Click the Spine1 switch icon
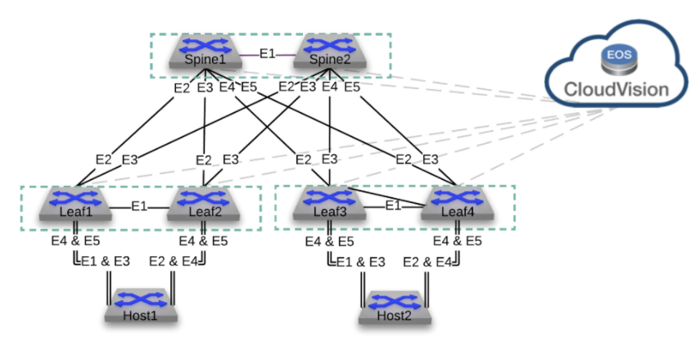tap(201, 53)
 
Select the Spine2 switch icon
tap(328, 53)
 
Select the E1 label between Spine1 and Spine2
tap(265, 55)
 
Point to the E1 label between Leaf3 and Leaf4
tap(393, 205)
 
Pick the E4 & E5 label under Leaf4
tap(458, 241)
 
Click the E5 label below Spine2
tap(352, 87)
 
